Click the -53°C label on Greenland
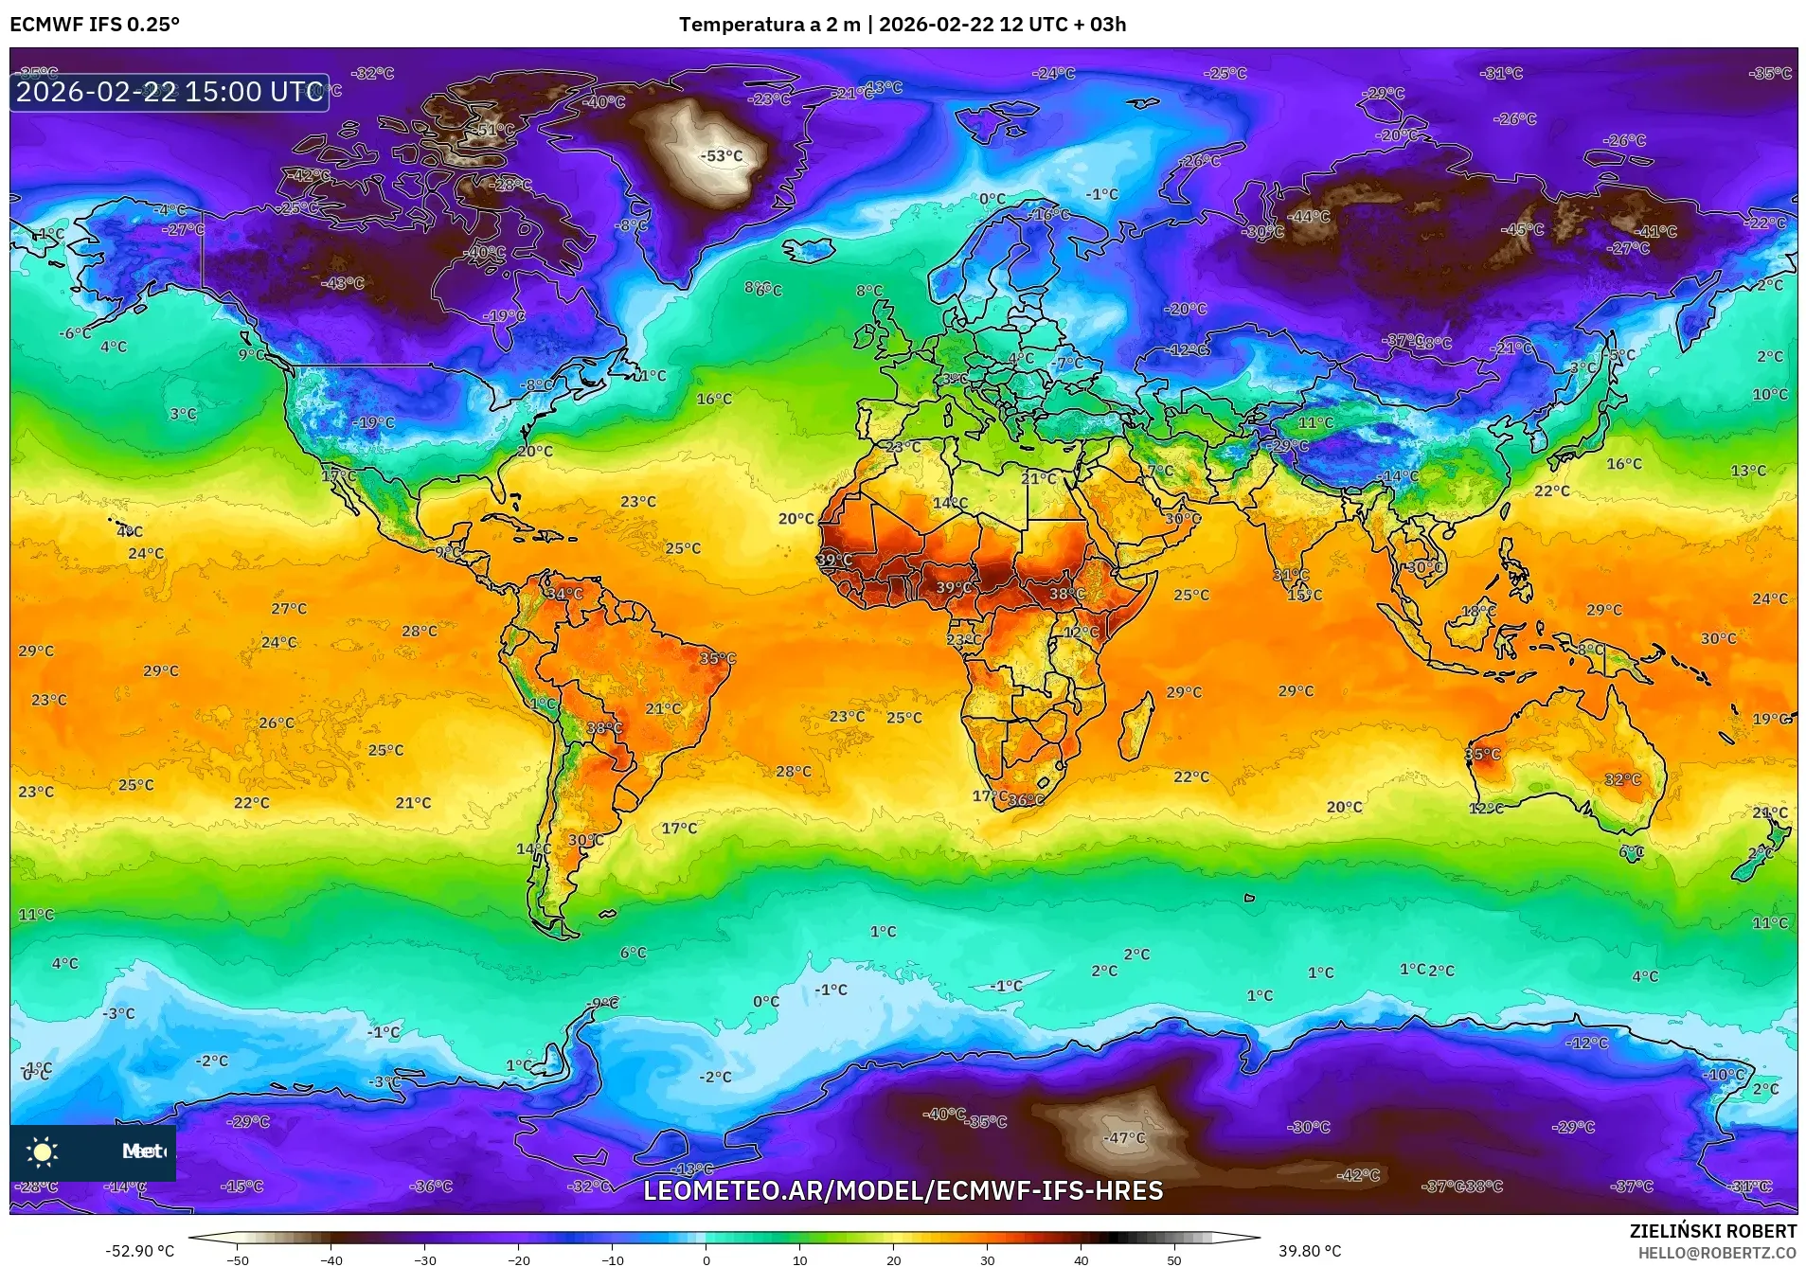click(721, 156)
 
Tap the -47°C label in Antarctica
click(1124, 1137)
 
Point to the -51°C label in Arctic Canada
click(493, 130)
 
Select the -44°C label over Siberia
click(1310, 216)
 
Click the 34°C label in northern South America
click(564, 594)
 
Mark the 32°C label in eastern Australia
click(1622, 779)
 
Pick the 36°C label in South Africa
click(1026, 800)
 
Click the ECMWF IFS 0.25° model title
click(95, 25)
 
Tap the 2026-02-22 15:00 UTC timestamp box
click(170, 92)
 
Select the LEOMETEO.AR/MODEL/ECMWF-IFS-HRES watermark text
click(903, 1191)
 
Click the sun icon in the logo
click(43, 1151)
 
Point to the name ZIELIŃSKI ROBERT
click(1712, 1231)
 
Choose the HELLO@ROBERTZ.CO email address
click(1717, 1253)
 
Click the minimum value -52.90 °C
click(140, 1251)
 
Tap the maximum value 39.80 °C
click(1310, 1251)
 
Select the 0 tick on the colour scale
click(706, 1259)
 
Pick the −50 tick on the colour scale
click(238, 1259)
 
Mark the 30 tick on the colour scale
click(988, 1259)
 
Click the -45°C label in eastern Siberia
click(1522, 229)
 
